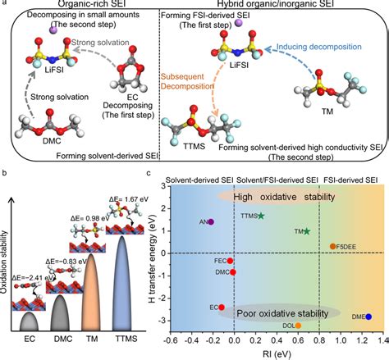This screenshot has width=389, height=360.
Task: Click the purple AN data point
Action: coord(212,221)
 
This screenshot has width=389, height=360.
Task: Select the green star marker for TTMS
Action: coord(260,216)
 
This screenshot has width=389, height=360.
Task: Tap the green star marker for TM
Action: coord(305,231)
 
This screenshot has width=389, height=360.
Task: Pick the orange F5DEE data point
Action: coord(332,246)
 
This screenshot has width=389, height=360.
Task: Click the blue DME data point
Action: coord(368,316)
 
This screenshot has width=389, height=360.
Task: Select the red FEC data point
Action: coord(231,260)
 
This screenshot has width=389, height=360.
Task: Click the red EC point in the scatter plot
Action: coord(222,307)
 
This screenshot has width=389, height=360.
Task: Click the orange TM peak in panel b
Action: coord(89,287)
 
